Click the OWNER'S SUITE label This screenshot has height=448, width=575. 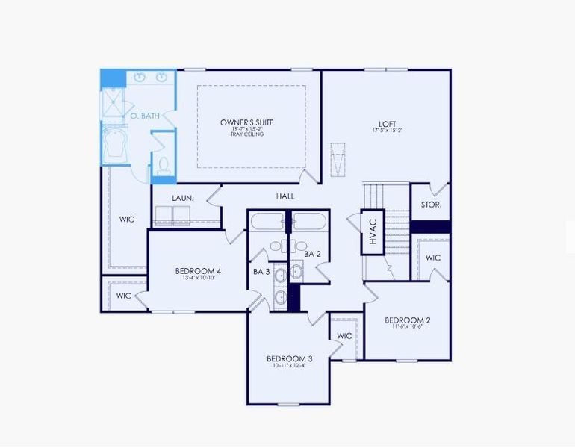pyautogui.click(x=246, y=122)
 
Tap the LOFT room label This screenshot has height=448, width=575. pyautogui.click(x=387, y=124)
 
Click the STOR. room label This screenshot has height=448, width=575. pyautogui.click(x=431, y=204)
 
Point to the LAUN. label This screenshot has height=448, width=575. pyautogui.click(x=183, y=198)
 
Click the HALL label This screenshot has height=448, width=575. pyautogui.click(x=285, y=196)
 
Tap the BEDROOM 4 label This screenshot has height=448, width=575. pyautogui.click(x=198, y=270)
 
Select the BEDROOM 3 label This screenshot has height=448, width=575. pyautogui.click(x=289, y=359)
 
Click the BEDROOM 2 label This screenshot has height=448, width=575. pyautogui.click(x=407, y=321)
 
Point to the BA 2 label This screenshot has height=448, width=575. pyautogui.click(x=312, y=254)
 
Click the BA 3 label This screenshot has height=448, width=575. pyautogui.click(x=261, y=272)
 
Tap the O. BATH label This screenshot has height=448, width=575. pyautogui.click(x=145, y=116)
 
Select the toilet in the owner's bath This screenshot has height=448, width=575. pyautogui.click(x=164, y=164)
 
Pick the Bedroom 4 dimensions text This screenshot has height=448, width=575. pyautogui.click(x=198, y=278)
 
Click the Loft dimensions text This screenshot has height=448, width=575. pyautogui.click(x=387, y=131)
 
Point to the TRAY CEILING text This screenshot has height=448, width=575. pyautogui.click(x=246, y=134)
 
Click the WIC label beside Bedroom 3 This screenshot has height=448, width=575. pyautogui.click(x=344, y=336)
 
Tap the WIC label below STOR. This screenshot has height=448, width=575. pyautogui.click(x=433, y=258)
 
